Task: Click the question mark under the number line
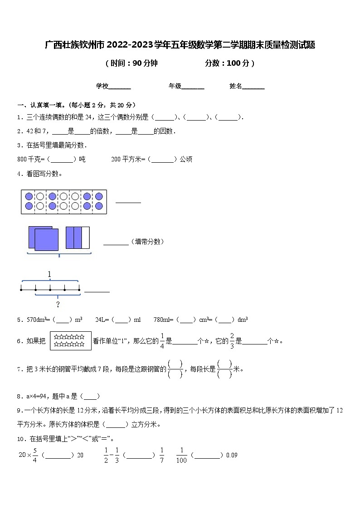coord(58,304)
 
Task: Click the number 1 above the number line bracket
coord(49,274)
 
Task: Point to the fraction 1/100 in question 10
coord(181,455)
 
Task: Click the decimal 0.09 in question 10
coord(232,455)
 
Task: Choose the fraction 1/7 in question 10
coord(161,455)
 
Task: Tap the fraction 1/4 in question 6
coord(162,341)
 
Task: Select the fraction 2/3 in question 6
coord(232,341)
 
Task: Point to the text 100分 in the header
coord(238,63)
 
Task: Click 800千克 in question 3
coord(28,159)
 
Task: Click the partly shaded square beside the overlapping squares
coord(78,238)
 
